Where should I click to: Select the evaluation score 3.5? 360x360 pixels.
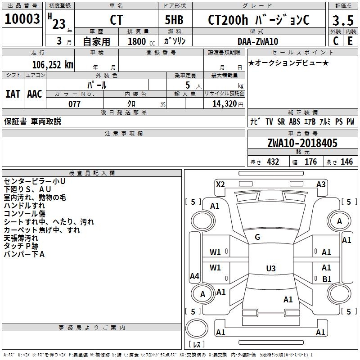[x=342, y=21]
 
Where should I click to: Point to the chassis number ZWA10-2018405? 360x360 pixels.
[x=302, y=143]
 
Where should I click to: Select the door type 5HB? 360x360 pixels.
[x=174, y=21]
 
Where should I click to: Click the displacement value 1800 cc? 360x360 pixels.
[x=138, y=41]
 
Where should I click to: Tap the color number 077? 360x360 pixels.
[x=74, y=104]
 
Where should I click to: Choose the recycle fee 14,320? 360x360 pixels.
[x=222, y=104]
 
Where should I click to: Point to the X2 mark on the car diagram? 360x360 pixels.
[x=220, y=184]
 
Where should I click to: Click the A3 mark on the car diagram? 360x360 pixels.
[x=321, y=184]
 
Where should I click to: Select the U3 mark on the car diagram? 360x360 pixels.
[x=270, y=269]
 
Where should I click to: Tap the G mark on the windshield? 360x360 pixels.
[x=257, y=237]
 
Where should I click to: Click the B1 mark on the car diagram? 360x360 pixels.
[x=327, y=279]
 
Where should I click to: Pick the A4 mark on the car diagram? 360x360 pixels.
[x=194, y=276]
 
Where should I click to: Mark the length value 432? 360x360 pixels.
[x=273, y=162]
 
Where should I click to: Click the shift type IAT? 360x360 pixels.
[x=13, y=94]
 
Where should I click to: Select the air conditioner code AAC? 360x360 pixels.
[x=35, y=94]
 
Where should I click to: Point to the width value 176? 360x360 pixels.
[x=310, y=162]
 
